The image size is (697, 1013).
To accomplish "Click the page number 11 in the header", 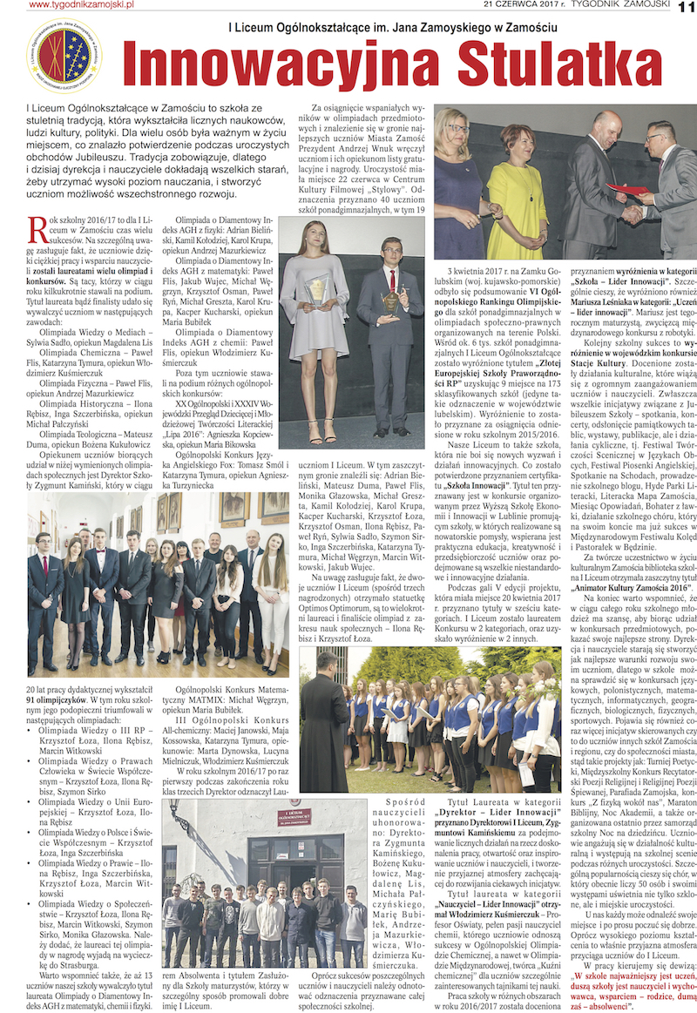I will (683, 8).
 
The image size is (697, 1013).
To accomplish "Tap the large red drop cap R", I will (37, 229).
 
